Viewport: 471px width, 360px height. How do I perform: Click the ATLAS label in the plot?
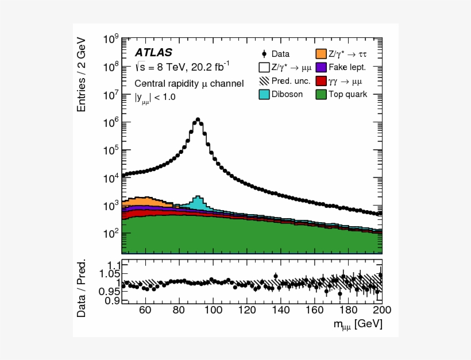[x=153, y=53]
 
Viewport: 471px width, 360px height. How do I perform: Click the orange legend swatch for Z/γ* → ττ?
[x=321, y=54]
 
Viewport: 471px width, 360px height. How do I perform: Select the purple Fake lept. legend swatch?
[x=321, y=67]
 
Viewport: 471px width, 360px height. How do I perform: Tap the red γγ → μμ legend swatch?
[x=321, y=80]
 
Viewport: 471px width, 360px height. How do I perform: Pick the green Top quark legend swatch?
[x=321, y=94]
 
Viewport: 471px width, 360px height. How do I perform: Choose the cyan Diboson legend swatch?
[x=265, y=94]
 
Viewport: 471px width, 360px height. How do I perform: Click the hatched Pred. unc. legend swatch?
[x=265, y=80]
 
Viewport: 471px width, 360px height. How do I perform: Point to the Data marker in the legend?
[x=264, y=54]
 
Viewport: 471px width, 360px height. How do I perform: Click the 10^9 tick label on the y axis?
[x=111, y=40]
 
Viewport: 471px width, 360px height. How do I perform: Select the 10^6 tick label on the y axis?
[x=111, y=122]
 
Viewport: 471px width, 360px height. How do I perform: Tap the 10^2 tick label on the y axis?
[x=111, y=233]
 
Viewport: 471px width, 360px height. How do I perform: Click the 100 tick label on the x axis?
[x=213, y=309]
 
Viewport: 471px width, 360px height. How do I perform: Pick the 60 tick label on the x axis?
[x=145, y=309]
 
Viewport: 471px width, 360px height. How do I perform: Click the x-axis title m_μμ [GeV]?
[x=357, y=325]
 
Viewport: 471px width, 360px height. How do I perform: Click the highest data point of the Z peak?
[x=198, y=119]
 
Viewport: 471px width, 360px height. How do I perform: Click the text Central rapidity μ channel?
[x=189, y=84]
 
